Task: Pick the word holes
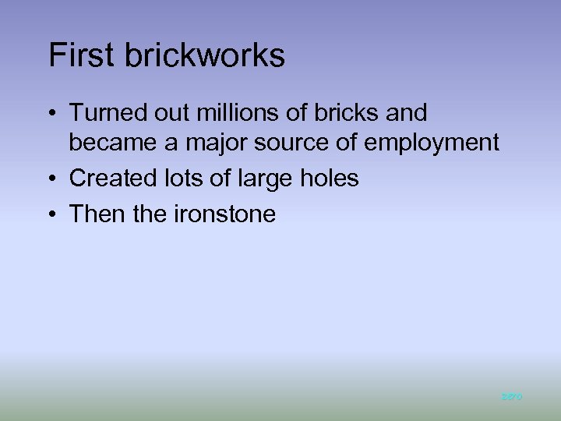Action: tap(327, 179)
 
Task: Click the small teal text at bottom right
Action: tap(511, 397)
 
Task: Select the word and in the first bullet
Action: tap(408, 114)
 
